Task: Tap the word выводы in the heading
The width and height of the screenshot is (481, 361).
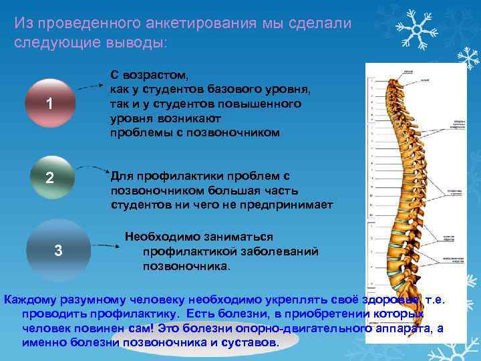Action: [137, 41]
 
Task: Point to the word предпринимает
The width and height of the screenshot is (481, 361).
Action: [287, 205]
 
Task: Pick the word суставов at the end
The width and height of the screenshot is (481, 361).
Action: [250, 342]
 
